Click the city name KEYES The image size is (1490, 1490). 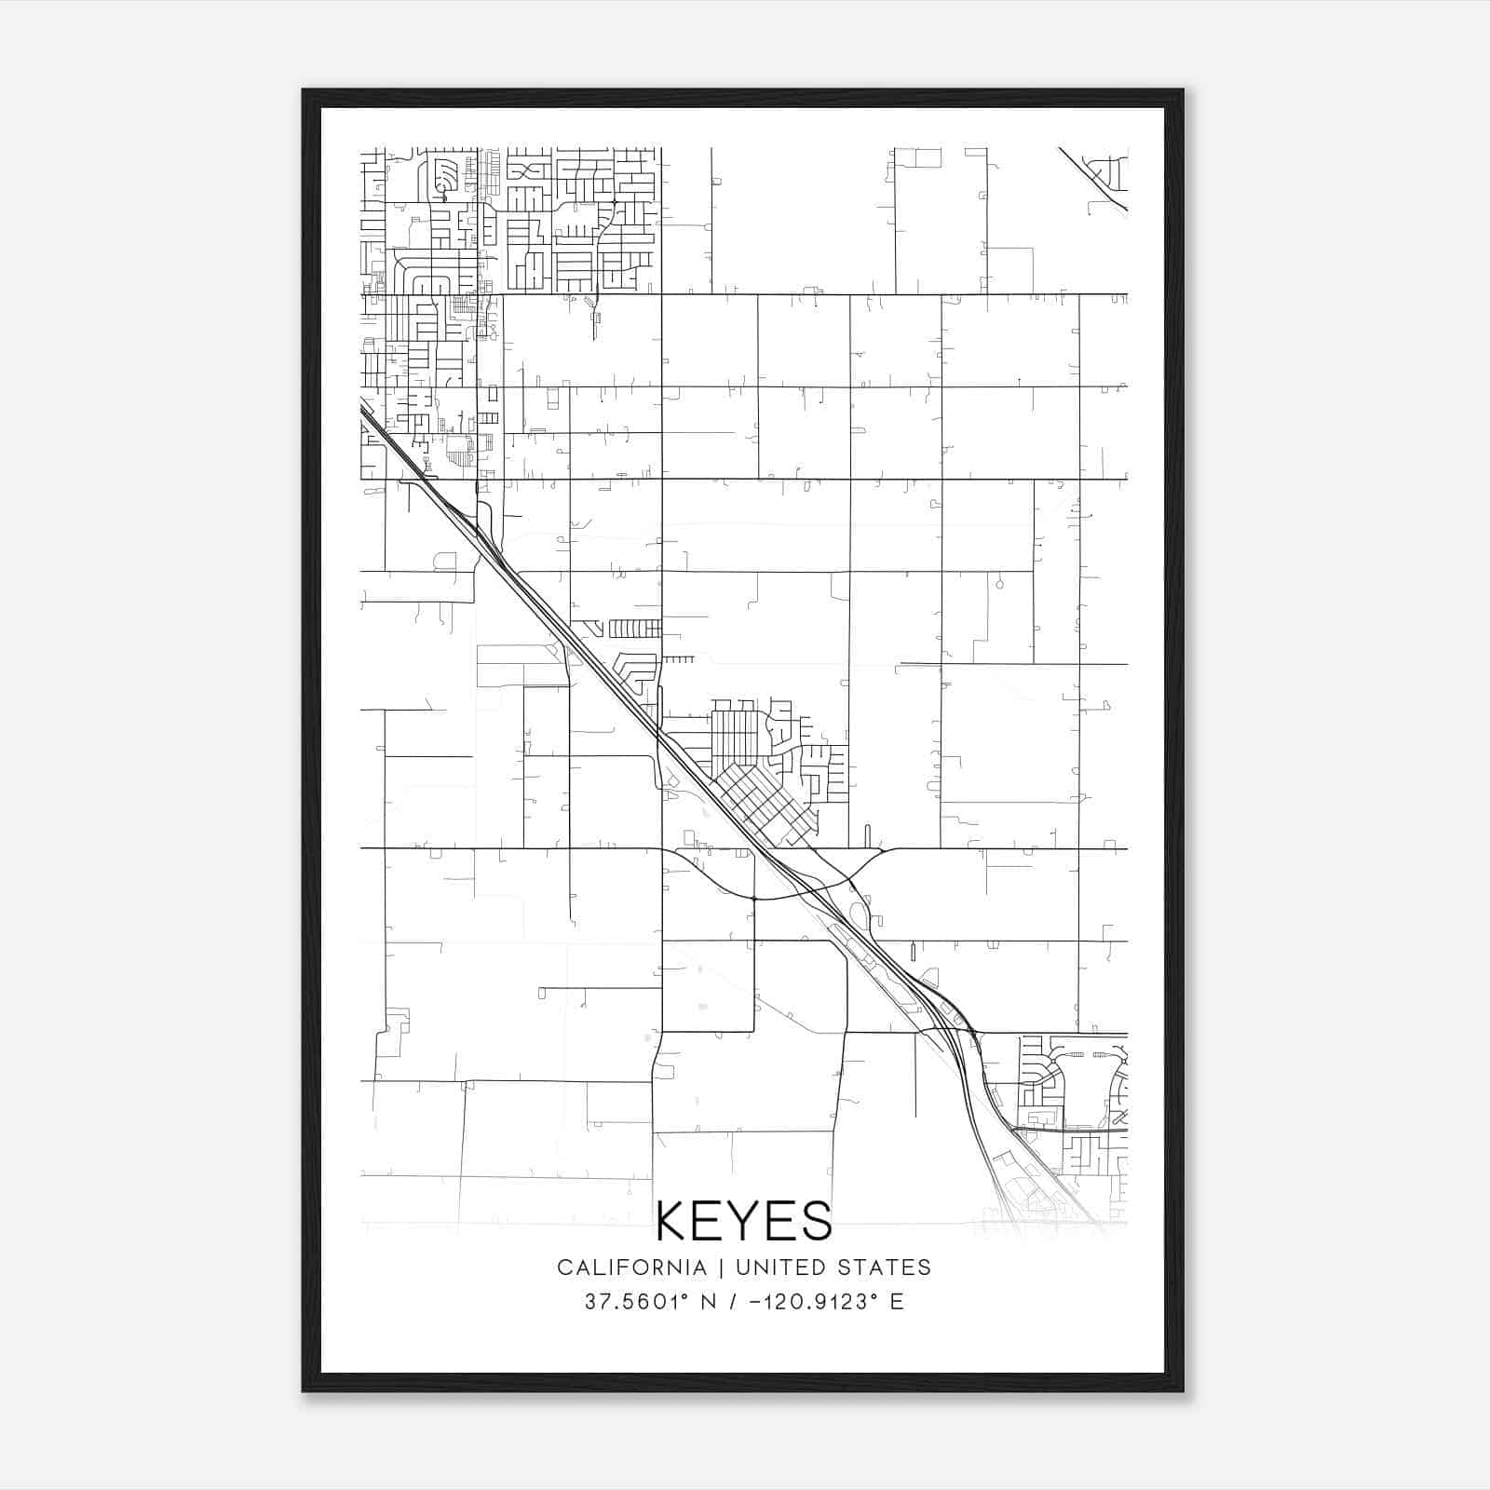coord(744,1221)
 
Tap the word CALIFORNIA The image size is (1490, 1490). coord(631,1267)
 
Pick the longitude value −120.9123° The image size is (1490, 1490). coord(809,1302)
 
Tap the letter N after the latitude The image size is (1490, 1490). coord(708,1302)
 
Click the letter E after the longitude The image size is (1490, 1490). coord(897,1302)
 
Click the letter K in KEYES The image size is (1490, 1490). coord(672,1221)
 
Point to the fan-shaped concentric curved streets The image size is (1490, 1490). coord(446,177)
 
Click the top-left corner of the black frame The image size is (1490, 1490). coord(304,90)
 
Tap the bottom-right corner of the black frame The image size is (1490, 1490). coord(1182,1390)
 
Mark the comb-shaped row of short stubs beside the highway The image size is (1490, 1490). coord(634,629)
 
